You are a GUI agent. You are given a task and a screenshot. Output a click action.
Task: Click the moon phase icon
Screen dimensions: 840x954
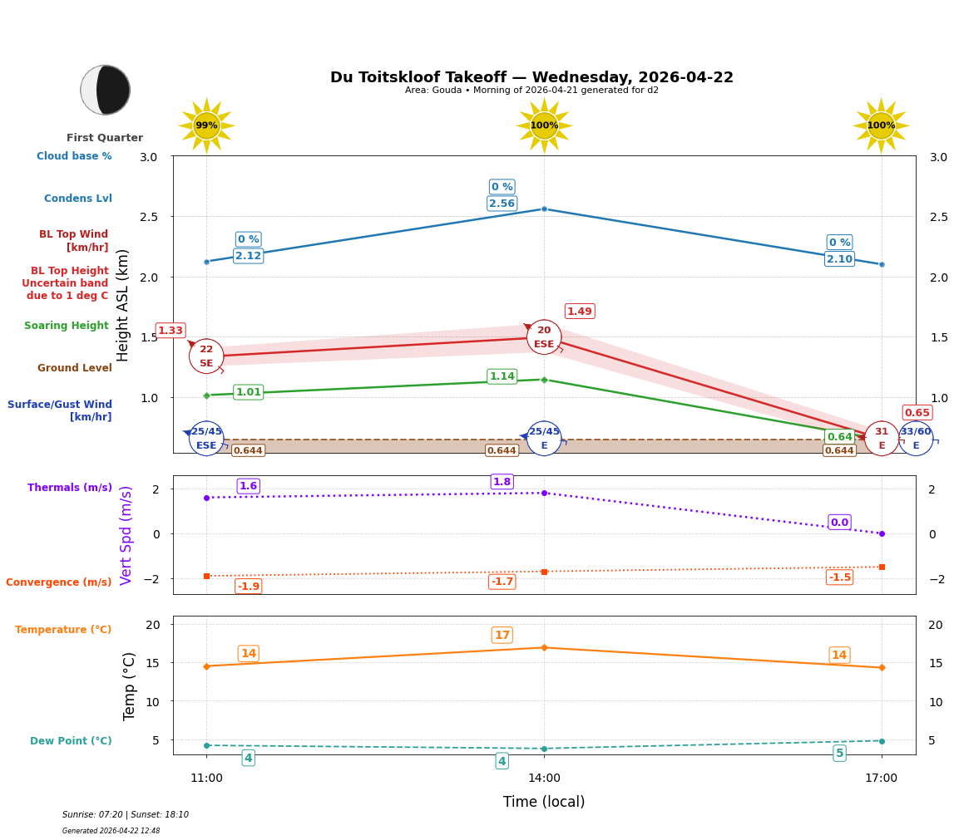tap(106, 90)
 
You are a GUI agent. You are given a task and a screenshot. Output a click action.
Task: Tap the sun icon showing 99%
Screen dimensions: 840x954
tap(206, 125)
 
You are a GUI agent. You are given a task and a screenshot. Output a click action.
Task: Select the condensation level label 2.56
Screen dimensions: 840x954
tap(502, 204)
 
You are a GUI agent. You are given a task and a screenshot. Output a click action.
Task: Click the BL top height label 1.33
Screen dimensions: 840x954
tap(171, 331)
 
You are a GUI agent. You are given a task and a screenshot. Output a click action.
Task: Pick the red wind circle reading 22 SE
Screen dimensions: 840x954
tap(206, 356)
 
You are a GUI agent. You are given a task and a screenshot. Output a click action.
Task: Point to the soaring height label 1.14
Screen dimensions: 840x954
tap(502, 376)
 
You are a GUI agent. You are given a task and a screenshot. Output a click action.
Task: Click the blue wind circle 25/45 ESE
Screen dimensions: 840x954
tap(206, 439)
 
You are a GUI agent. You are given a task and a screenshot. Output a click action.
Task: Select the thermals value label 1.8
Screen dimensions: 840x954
tap(502, 482)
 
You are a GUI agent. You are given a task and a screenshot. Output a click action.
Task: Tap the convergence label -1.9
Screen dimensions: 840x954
tap(249, 587)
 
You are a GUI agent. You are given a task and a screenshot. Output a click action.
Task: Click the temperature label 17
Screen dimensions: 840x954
tap(502, 636)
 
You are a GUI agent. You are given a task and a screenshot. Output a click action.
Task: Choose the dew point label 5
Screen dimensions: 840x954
tap(839, 754)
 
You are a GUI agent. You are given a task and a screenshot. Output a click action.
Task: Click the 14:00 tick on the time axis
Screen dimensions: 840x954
tap(544, 779)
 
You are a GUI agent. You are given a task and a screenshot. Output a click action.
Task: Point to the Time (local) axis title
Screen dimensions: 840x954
tap(544, 802)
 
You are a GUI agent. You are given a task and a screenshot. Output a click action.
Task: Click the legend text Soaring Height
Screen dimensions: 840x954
tap(67, 326)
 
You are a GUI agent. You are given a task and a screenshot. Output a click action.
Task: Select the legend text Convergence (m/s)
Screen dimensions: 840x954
tap(59, 582)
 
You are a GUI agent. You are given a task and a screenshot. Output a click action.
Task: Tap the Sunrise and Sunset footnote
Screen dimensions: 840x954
tap(126, 815)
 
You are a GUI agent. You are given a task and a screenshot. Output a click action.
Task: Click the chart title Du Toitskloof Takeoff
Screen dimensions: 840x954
tap(531, 77)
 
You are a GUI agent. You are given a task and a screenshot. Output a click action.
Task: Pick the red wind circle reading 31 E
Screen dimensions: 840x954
tap(882, 439)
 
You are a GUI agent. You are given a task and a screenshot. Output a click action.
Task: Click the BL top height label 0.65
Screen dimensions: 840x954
tap(917, 413)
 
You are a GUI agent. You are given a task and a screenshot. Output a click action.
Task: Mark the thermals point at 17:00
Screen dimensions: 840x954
tap(882, 533)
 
